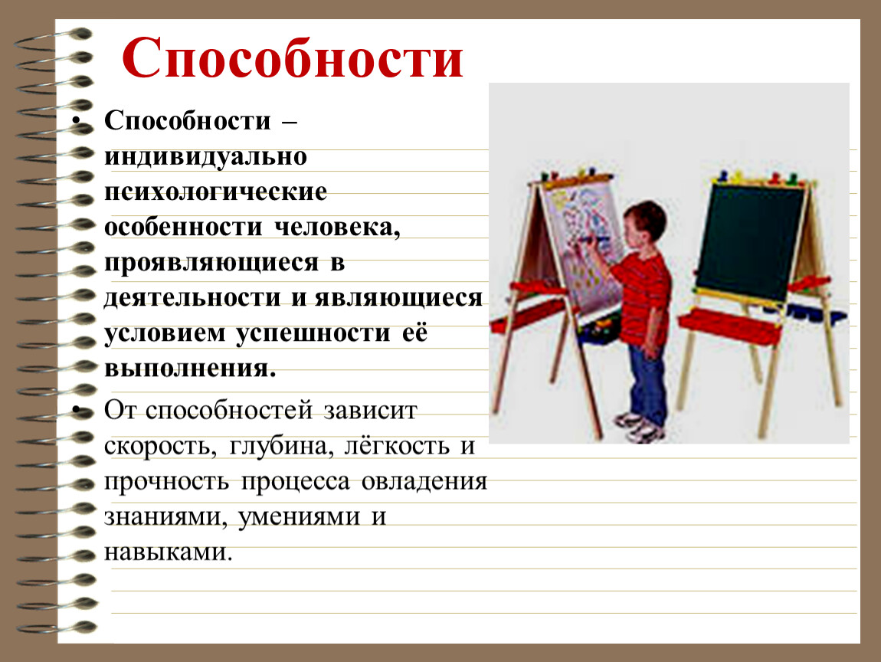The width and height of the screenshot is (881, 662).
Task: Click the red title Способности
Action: pos(292,59)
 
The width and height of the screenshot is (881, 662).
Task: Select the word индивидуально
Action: pos(205,157)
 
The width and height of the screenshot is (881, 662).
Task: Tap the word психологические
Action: pos(215,192)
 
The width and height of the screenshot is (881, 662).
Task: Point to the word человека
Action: pos(337,228)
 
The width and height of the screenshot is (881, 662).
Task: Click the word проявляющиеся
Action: pos(211,264)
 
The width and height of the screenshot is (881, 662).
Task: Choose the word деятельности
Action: pos(192,298)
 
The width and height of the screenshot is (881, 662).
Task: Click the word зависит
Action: pos(370,411)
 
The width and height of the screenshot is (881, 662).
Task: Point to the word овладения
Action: pos(424,482)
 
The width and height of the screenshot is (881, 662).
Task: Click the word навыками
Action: pos(168,552)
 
